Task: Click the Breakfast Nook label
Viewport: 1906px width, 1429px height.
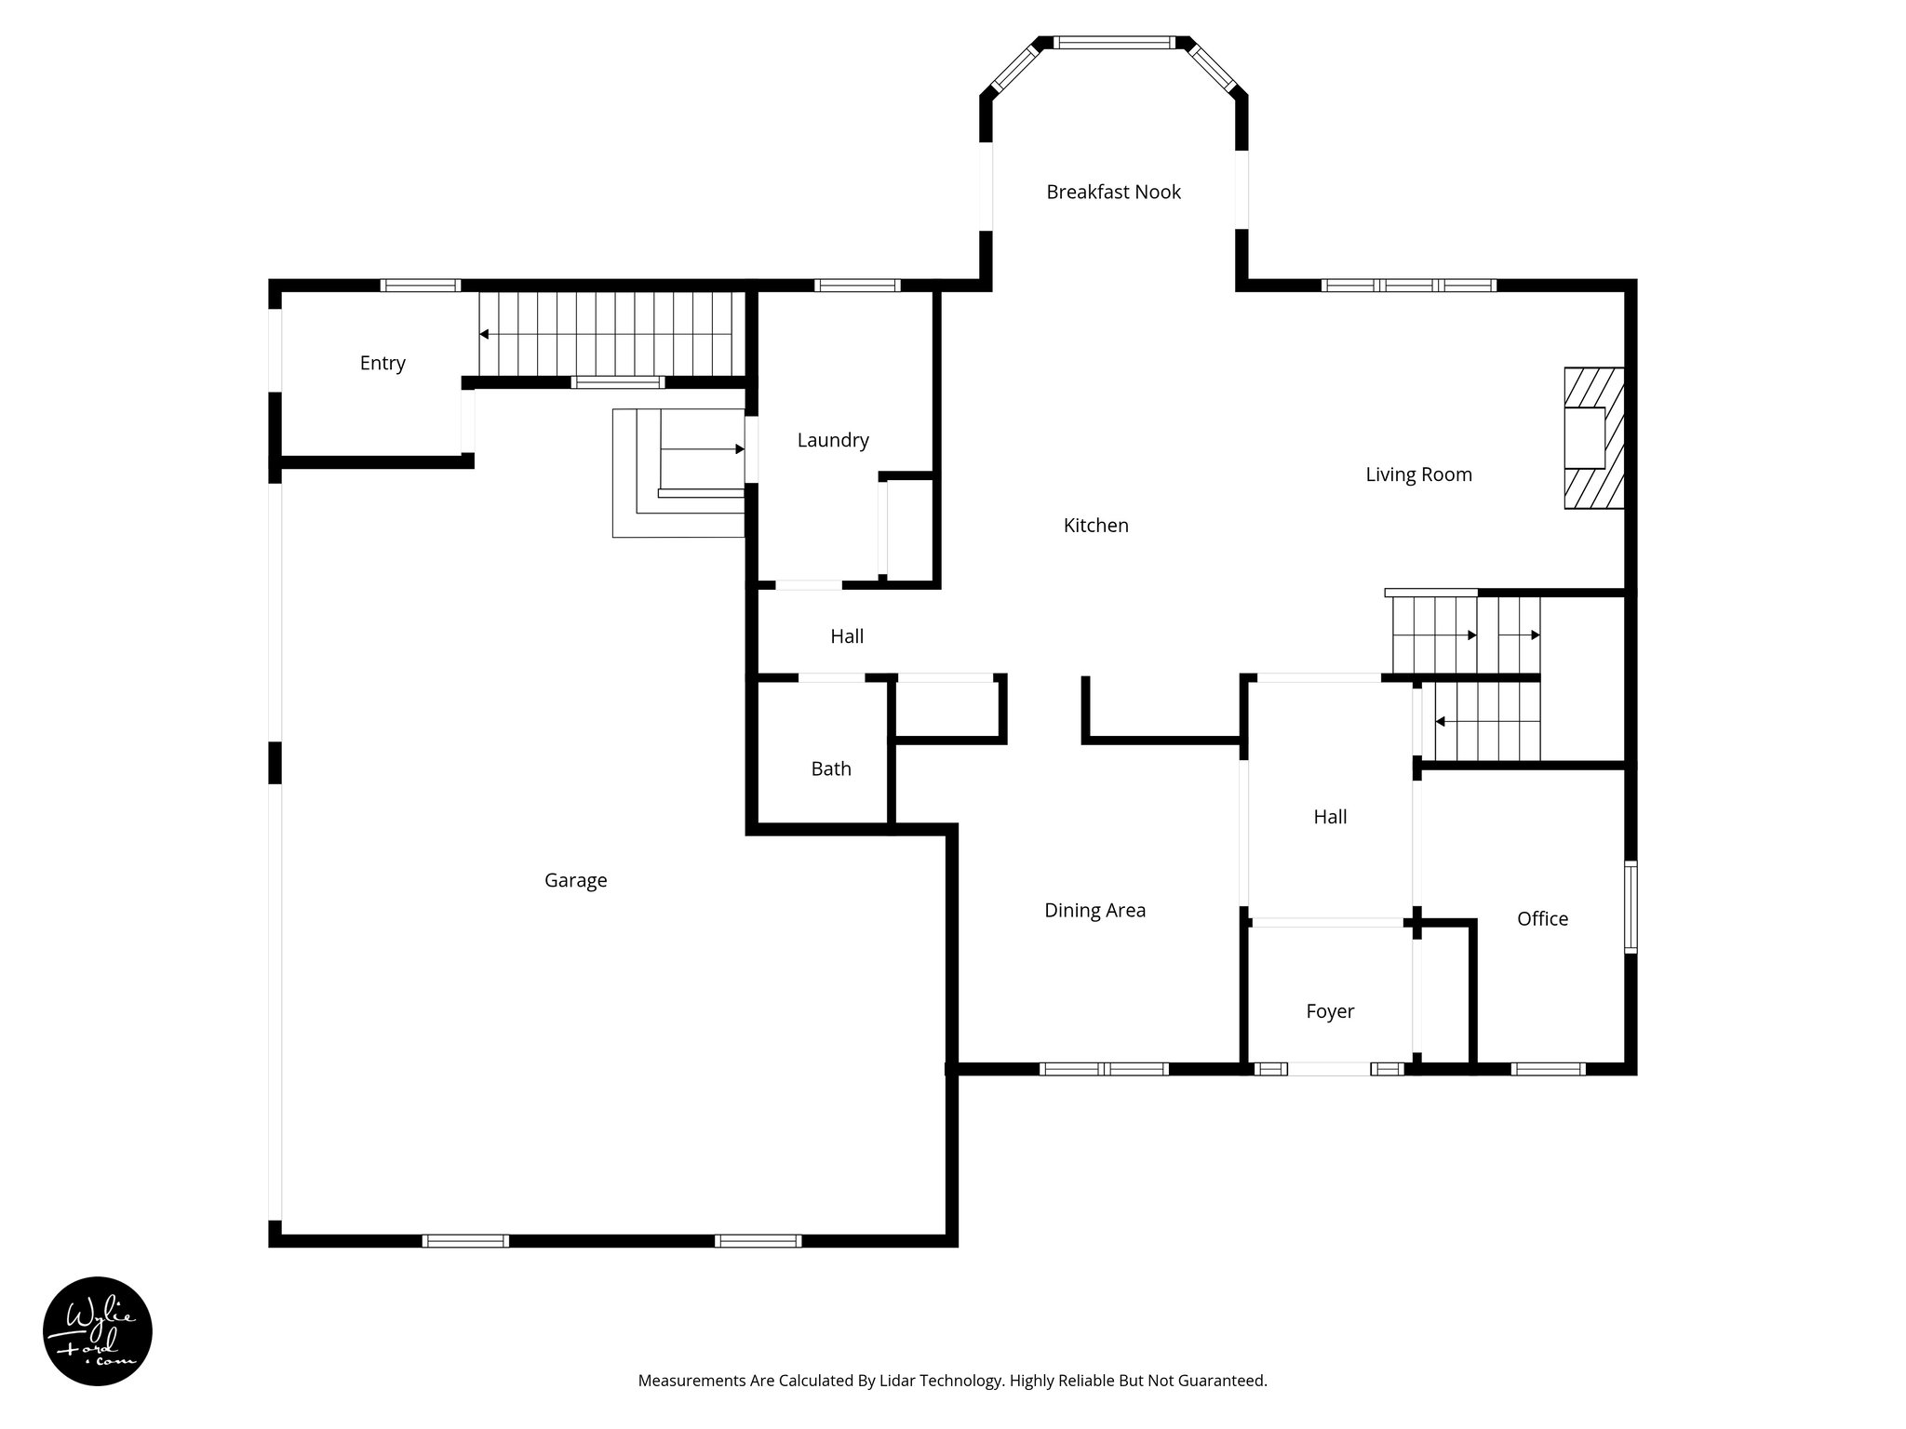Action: click(x=1113, y=192)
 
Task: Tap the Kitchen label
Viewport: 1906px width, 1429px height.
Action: click(x=1095, y=526)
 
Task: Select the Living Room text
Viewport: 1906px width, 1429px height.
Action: click(x=1418, y=474)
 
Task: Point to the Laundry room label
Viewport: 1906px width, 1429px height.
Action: click(x=833, y=440)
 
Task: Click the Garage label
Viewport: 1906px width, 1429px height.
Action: click(x=575, y=880)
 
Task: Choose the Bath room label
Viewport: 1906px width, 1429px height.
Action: click(x=831, y=768)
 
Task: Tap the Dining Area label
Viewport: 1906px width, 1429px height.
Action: click(x=1094, y=911)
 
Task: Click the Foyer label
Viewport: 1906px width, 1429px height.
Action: click(x=1330, y=1011)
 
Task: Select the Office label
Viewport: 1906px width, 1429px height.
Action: click(x=1542, y=919)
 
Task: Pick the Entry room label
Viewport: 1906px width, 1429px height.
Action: click(x=383, y=363)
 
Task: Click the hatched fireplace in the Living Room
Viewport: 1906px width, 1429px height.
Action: click(x=1593, y=438)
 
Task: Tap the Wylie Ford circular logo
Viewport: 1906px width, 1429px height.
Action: click(x=98, y=1331)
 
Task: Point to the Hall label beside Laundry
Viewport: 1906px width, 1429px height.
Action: click(x=847, y=636)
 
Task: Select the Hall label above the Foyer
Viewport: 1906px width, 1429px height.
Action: click(x=1330, y=817)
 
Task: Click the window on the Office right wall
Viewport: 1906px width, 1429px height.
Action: click(x=1631, y=907)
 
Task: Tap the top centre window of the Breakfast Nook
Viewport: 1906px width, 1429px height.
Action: click(x=1114, y=42)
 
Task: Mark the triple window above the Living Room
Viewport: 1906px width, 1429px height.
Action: click(x=1408, y=285)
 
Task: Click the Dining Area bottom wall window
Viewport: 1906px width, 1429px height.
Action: click(x=1104, y=1069)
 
